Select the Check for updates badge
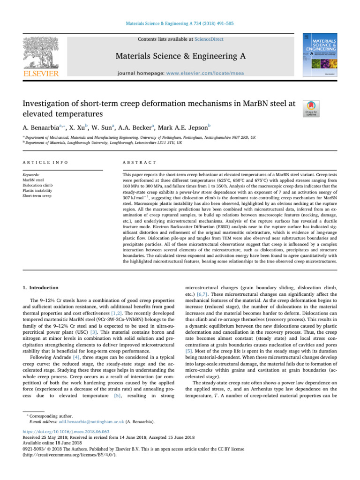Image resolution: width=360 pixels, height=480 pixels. [x=310, y=109]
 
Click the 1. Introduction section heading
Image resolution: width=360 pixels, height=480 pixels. [x=42, y=287]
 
